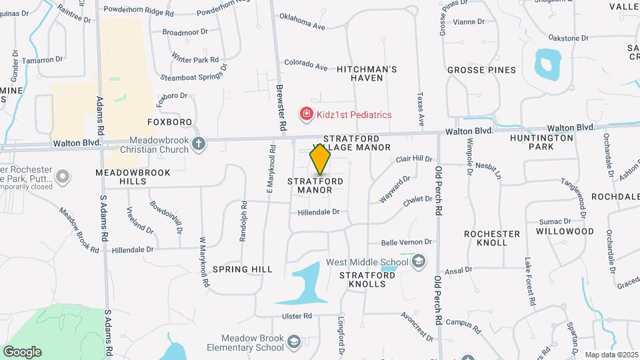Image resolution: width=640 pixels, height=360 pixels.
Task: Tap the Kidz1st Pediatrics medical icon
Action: point(306,115)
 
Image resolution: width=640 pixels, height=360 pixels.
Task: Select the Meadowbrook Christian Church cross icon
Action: point(198,143)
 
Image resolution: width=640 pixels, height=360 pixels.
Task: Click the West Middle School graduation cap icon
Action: point(418,261)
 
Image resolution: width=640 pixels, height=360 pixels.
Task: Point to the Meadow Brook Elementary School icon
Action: point(293,343)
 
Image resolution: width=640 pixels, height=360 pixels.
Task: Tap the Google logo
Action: point(23,351)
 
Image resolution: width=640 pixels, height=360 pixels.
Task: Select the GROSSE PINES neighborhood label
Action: point(481,70)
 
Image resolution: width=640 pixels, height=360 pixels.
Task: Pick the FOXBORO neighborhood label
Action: point(169,122)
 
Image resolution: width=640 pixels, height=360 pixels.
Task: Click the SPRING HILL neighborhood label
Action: point(243,269)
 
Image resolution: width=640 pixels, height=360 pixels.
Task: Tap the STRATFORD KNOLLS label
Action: point(362,279)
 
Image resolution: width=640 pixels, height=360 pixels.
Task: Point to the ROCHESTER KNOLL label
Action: point(492,239)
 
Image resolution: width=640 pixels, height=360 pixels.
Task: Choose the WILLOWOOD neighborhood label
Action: point(565,231)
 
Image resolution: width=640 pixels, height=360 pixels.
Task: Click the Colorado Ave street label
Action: point(306,65)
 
